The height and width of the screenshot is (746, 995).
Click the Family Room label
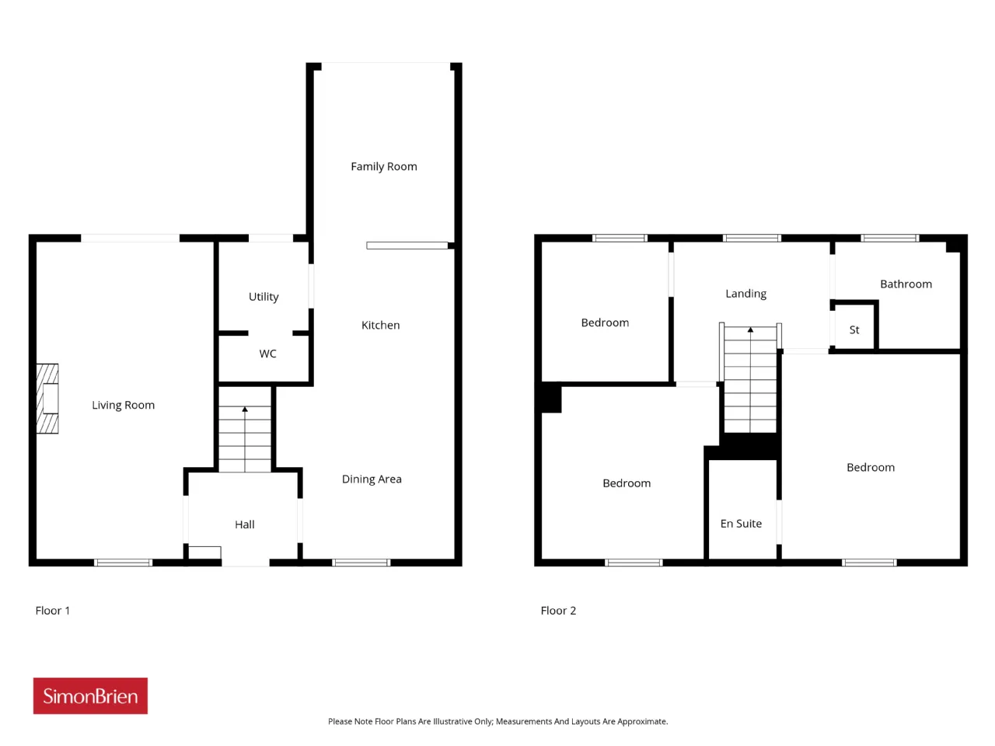(383, 166)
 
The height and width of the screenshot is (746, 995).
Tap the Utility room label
(264, 297)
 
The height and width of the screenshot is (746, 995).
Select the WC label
(267, 354)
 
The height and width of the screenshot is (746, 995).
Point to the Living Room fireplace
(47, 399)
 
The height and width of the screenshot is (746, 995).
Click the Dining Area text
(372, 479)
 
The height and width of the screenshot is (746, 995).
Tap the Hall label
(244, 525)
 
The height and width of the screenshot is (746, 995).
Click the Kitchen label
(380, 326)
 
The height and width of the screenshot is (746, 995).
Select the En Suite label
(741, 524)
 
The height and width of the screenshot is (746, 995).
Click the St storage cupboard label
(854, 329)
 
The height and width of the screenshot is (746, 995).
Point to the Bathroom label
(906, 284)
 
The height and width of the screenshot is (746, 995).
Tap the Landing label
(745, 294)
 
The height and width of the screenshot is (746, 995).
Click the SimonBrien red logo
(90, 695)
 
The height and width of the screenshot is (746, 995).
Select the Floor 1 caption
(53, 611)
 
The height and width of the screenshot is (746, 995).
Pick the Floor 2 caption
(558, 611)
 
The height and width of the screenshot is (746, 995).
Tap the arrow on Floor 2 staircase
(750, 379)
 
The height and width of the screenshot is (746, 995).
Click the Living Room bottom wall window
(124, 563)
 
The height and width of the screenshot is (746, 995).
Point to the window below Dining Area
(361, 563)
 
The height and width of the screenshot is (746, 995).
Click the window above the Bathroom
(890, 239)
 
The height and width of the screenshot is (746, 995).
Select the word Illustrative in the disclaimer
(453, 722)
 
